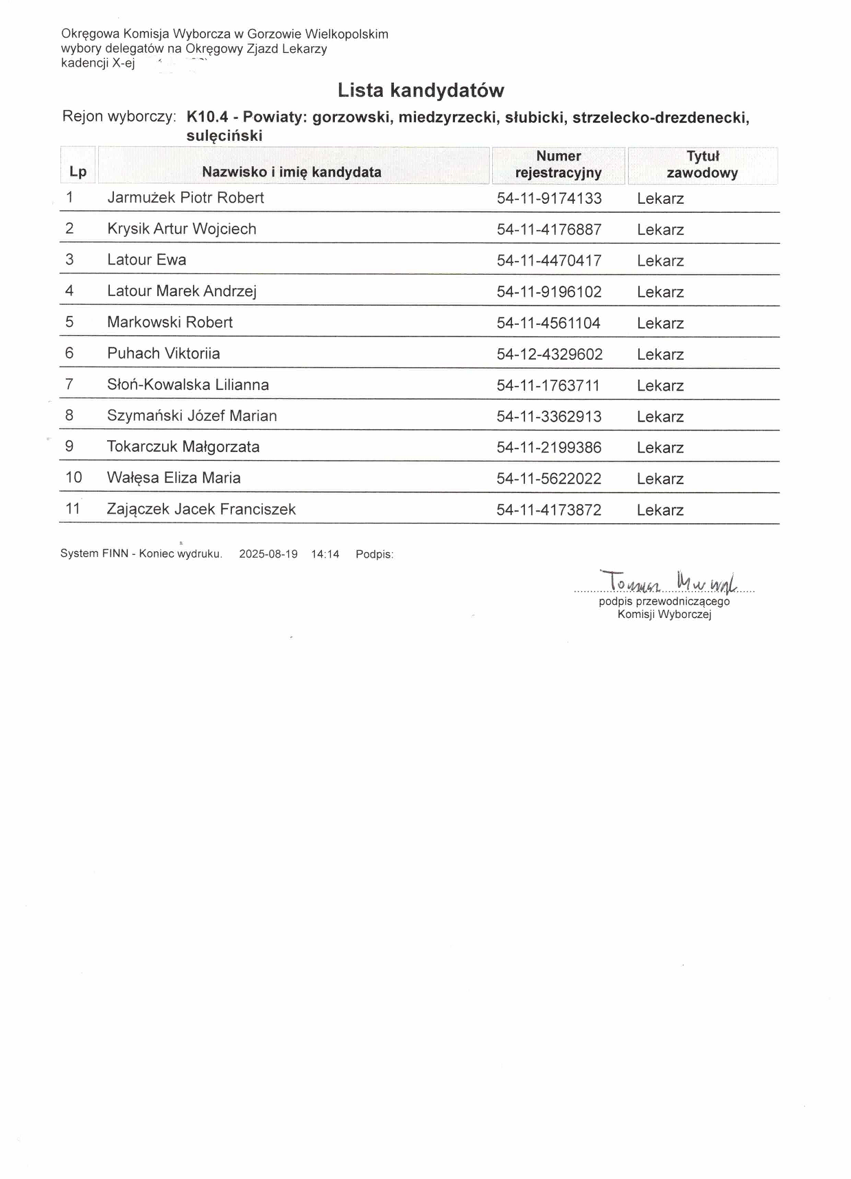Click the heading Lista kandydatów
pyautogui.click(x=421, y=91)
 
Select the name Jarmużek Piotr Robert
pyautogui.click(x=185, y=198)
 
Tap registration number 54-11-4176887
pyautogui.click(x=549, y=229)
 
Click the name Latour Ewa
pyautogui.click(x=147, y=260)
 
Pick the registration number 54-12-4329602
pyautogui.click(x=550, y=354)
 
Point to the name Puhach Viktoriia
pyautogui.click(x=163, y=354)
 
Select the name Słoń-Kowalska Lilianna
pyautogui.click(x=188, y=385)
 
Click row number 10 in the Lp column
pyautogui.click(x=73, y=477)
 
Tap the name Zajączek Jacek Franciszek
pyautogui.click(x=201, y=509)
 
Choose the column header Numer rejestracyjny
pyautogui.click(x=558, y=165)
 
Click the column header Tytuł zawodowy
pyautogui.click(x=702, y=165)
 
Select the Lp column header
pyautogui.click(x=78, y=172)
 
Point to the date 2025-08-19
pyautogui.click(x=268, y=554)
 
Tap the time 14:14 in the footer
pyautogui.click(x=325, y=554)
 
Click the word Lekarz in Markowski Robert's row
pyautogui.click(x=660, y=323)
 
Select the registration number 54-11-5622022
pyautogui.click(x=549, y=479)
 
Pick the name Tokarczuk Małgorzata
pyautogui.click(x=183, y=447)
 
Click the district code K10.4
pyautogui.click(x=207, y=117)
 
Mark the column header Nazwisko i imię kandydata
pyautogui.click(x=292, y=172)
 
